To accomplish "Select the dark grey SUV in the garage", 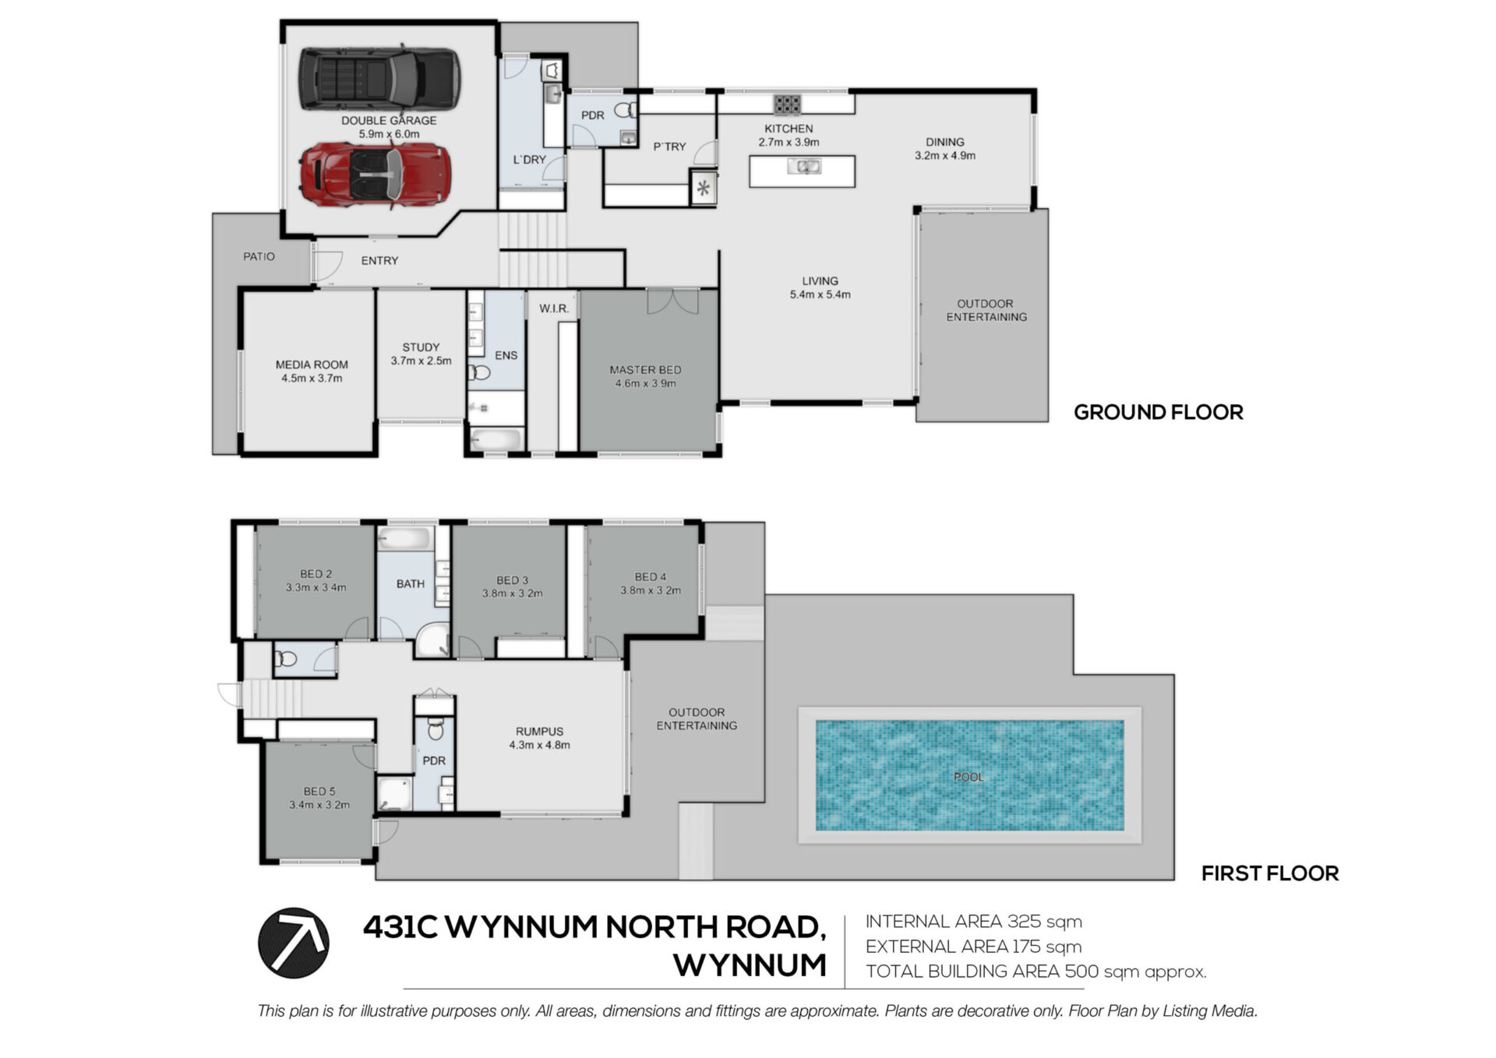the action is pyautogui.click(x=379, y=78).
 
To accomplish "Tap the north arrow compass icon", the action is pyautogui.click(x=294, y=943).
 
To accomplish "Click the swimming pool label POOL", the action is pyautogui.click(x=969, y=777).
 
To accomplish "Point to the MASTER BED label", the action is pyautogui.click(x=645, y=370).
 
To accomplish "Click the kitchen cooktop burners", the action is pyautogui.click(x=787, y=104).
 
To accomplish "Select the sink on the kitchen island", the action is pyautogui.click(x=803, y=166).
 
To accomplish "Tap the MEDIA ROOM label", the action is pyautogui.click(x=312, y=365).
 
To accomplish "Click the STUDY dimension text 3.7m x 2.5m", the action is pyautogui.click(x=421, y=361).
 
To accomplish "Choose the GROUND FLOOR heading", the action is pyautogui.click(x=1159, y=412).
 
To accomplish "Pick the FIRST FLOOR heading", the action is pyautogui.click(x=1270, y=873).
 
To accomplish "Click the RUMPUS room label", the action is pyautogui.click(x=539, y=732).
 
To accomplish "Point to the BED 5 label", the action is pyautogui.click(x=319, y=792).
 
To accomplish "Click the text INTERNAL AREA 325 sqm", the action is pyautogui.click(x=974, y=922).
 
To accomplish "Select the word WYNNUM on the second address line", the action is pyautogui.click(x=750, y=965).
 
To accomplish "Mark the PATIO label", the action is pyautogui.click(x=259, y=256).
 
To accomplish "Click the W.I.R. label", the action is pyautogui.click(x=554, y=309).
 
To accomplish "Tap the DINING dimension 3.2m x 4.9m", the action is pyautogui.click(x=945, y=156).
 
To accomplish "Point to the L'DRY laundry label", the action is pyautogui.click(x=529, y=160).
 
